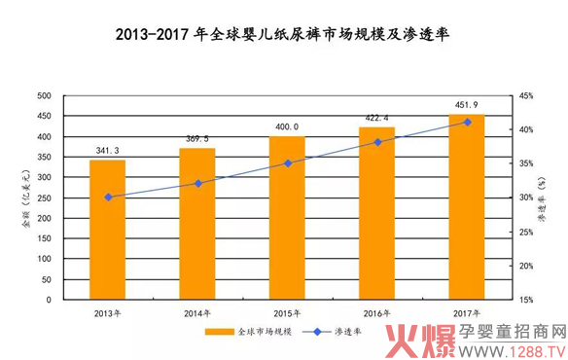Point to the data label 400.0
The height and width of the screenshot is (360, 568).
coord(287,127)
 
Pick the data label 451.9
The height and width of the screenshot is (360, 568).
coord(467,106)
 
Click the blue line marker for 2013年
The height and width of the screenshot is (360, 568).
coord(108,197)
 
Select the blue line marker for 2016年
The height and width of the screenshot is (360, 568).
coord(377,142)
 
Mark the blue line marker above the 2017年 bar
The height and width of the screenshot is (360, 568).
coord(467,122)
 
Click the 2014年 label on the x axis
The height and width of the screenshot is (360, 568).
coord(198,313)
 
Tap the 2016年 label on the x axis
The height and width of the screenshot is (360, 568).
coord(377,313)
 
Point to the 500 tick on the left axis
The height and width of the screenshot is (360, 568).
coord(44,95)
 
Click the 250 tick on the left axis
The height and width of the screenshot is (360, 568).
coord(44,198)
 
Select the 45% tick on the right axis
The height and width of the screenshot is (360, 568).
coord(525,95)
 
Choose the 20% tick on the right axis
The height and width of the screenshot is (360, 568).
coord(525,266)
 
